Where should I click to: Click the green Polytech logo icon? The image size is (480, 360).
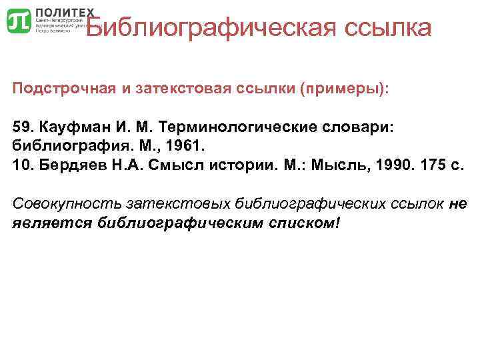coord(18,21)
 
